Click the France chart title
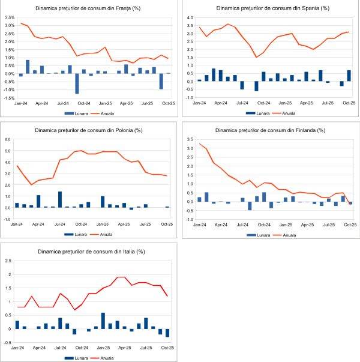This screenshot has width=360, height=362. point(88,8)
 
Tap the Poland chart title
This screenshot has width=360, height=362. point(88,129)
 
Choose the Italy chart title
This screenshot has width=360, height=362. point(88,251)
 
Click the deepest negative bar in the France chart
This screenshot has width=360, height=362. point(77,83)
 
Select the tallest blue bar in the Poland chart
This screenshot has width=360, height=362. point(60,199)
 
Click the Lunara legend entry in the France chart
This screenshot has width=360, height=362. point(76,112)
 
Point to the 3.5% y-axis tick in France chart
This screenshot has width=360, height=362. point(9,17)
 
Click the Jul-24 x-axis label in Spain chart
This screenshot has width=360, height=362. point(242,102)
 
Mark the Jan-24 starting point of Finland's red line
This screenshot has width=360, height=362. point(200,144)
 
